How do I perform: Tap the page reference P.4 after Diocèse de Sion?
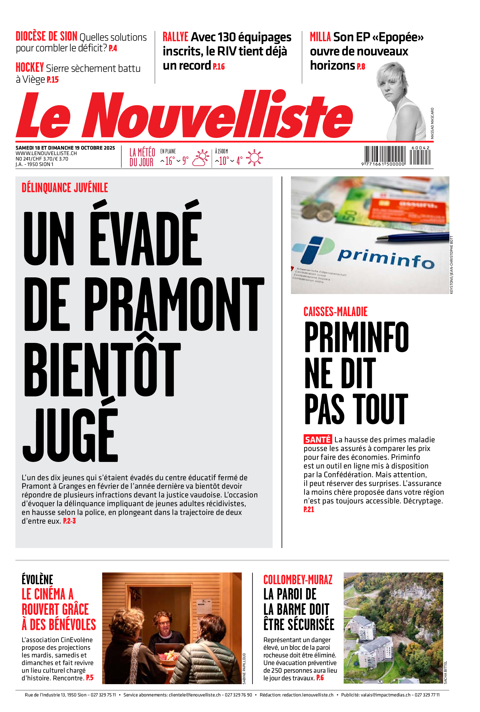[113, 48]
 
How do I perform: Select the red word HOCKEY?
[30, 68]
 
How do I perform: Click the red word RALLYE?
[175, 37]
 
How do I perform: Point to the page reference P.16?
[219, 66]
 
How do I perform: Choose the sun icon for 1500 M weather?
[254, 158]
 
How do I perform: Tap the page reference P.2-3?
[69, 521]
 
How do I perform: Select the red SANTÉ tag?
[317, 440]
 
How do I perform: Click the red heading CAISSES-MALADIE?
[335, 312]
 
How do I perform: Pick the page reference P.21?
[309, 509]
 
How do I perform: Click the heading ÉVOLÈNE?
[37, 580]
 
